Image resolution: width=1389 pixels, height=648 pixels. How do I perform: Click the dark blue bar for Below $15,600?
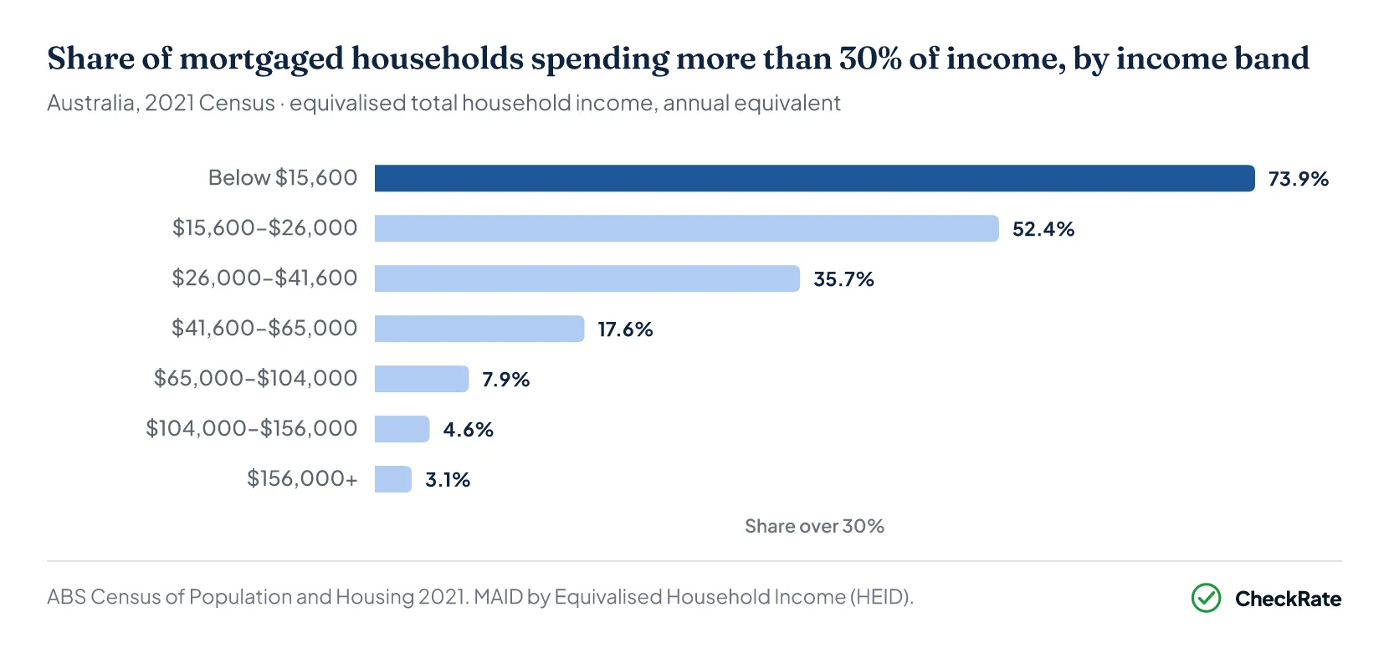(814, 178)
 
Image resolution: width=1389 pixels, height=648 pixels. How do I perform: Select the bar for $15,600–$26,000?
(686, 228)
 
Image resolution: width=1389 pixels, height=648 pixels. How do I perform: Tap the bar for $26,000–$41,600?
(587, 278)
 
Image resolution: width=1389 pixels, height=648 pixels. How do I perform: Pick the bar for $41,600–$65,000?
(479, 329)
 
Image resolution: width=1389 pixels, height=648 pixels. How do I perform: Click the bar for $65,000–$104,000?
(422, 379)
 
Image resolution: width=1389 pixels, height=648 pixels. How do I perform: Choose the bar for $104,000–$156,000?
(402, 429)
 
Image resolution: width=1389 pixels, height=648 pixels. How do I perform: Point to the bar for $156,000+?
(393, 479)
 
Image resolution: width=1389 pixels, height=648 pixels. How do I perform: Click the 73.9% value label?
(1298, 179)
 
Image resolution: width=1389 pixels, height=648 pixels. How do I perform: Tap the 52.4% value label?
(1043, 229)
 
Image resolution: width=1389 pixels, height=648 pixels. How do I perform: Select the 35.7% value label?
(843, 279)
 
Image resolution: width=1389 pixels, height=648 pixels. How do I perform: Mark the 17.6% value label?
(625, 329)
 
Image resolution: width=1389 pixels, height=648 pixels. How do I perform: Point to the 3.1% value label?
(447, 479)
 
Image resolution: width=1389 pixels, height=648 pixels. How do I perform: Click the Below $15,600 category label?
(283, 178)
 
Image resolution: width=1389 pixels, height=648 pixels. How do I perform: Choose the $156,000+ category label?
(302, 478)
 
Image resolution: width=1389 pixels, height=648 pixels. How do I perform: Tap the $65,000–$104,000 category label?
(255, 378)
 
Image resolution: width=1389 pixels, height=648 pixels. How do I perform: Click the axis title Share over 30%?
(814, 526)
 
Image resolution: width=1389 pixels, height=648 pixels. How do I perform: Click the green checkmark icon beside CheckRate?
(1206, 598)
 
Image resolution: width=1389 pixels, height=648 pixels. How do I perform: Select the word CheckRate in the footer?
(1288, 599)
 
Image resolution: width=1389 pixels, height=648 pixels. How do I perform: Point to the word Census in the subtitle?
(236, 103)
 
